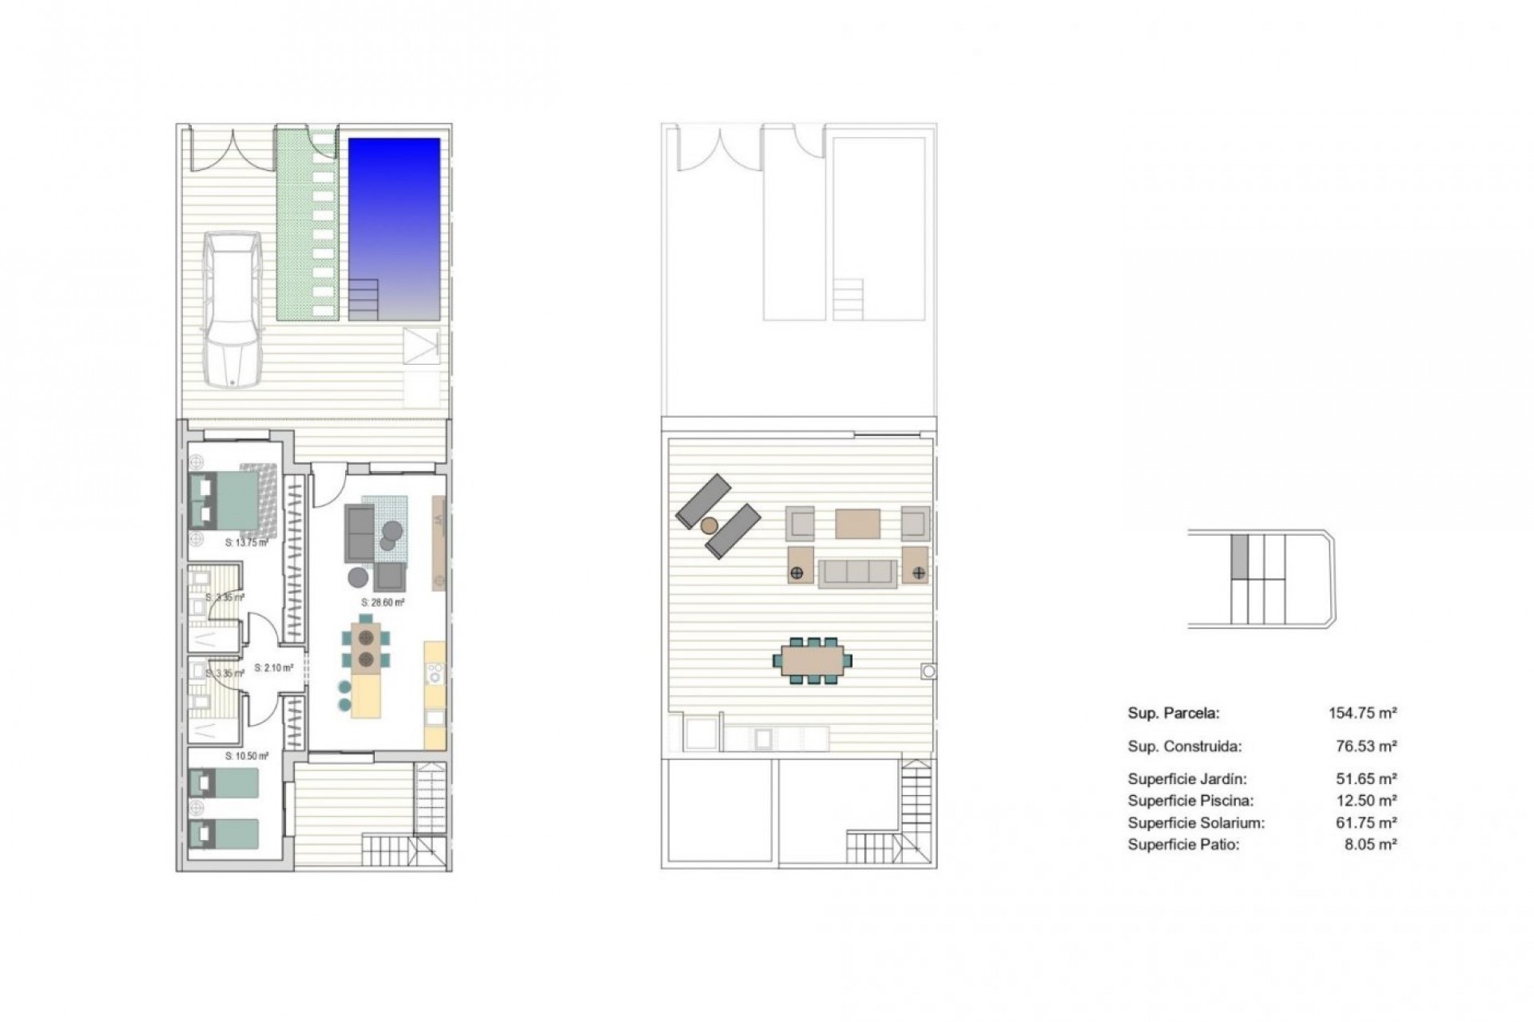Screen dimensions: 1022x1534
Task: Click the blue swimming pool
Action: pos(394,216)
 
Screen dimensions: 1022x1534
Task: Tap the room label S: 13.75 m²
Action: pos(246,542)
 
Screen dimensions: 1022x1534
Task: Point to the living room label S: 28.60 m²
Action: pos(383,603)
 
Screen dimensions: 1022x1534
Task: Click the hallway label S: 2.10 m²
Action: pos(274,667)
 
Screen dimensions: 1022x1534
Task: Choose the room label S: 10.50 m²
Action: pos(246,755)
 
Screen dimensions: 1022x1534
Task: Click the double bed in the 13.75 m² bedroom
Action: pos(225,500)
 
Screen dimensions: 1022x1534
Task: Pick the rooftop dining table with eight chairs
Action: pos(812,660)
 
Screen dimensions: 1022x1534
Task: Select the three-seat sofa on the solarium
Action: pos(858,572)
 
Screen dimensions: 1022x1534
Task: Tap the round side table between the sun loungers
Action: pos(709,525)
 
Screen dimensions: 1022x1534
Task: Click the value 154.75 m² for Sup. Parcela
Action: pos(1362,713)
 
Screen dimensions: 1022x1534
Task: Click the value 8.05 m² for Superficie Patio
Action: pos(1370,844)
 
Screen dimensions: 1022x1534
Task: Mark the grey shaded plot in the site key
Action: pos(1238,556)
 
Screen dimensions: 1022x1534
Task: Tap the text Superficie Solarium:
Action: pos(1196,822)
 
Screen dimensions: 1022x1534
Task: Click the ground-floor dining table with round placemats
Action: pos(367,648)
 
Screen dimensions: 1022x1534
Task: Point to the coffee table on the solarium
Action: pos(857,524)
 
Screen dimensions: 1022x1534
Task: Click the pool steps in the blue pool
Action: pos(364,299)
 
